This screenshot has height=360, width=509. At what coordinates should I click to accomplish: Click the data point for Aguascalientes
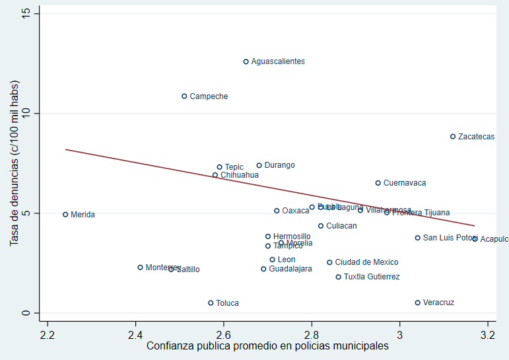pos(246,61)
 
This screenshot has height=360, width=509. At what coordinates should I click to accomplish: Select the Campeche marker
pos(184,96)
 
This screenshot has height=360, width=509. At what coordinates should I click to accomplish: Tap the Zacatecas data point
pos(453,137)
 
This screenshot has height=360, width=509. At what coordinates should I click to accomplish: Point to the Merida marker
pos(65,215)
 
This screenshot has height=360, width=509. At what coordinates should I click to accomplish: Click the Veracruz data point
pos(418,303)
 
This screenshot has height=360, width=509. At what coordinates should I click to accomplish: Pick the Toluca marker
pos(211,303)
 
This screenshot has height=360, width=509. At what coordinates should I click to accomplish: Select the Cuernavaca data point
pos(378,183)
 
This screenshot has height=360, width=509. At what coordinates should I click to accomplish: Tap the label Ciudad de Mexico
pos(366,262)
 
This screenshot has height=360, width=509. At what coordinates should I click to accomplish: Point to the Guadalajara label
pos(290,269)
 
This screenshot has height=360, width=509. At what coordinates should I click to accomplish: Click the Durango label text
pos(279,165)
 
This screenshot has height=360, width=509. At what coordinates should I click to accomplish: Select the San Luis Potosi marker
pos(418,238)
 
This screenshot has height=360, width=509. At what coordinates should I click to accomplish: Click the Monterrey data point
pos(140,268)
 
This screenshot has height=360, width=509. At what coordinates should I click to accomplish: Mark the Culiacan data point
pos(321,226)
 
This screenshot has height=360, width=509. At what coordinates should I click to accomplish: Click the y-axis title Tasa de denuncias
pos(14,164)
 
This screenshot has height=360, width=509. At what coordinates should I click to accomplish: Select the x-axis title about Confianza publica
pos(267,345)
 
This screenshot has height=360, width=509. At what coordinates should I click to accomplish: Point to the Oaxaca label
pos(296,211)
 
